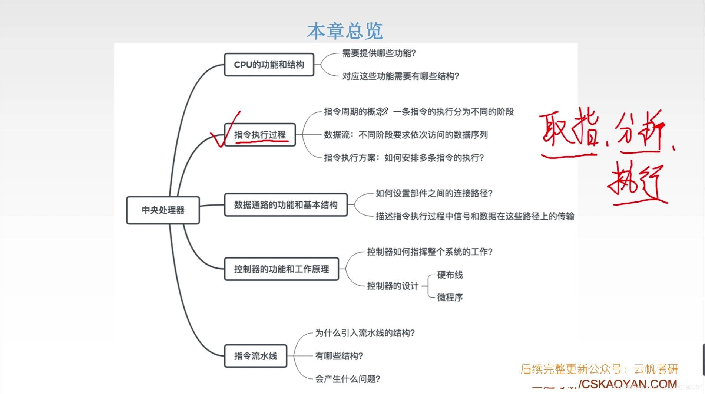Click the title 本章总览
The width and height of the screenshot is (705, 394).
pyautogui.click(x=345, y=31)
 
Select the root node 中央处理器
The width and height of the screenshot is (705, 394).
pyautogui.click(x=163, y=210)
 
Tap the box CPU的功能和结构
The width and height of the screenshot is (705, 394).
pyautogui.click(x=269, y=65)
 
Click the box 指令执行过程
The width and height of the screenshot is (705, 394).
pyautogui.click(x=260, y=135)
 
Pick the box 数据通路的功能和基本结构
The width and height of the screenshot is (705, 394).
pyautogui.click(x=285, y=205)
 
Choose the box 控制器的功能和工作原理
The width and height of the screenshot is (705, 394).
pyautogui.click(x=281, y=269)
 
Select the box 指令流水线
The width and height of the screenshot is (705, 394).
pyautogui.click(x=255, y=356)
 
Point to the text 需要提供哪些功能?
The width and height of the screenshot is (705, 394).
pyautogui.click(x=378, y=53)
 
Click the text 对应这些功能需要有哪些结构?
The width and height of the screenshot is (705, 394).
pyautogui.click(x=400, y=76)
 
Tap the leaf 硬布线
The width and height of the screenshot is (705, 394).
pyautogui.click(x=450, y=275)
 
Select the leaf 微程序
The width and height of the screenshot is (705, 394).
pyautogui.click(x=450, y=297)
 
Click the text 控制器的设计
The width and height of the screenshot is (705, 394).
pyautogui.click(x=393, y=286)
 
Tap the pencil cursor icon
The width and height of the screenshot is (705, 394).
pyautogui.click(x=384, y=111)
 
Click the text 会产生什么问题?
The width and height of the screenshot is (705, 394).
pyautogui.click(x=347, y=379)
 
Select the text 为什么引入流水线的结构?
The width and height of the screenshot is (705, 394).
pyautogui.click(x=365, y=333)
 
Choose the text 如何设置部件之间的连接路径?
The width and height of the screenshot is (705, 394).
pyautogui.click(x=434, y=193)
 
